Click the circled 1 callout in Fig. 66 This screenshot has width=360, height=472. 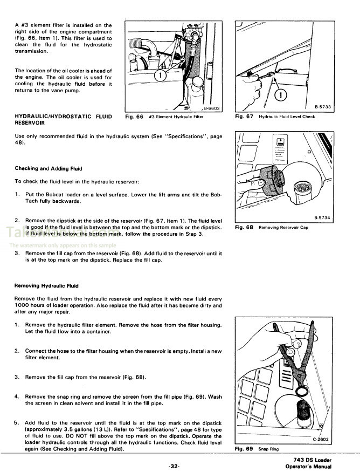[160, 75]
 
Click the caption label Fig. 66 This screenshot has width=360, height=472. [134, 117]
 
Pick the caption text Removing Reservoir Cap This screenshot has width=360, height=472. [284, 228]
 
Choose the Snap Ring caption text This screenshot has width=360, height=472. [268, 449]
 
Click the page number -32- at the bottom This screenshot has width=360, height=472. [172, 464]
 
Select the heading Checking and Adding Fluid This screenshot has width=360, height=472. [45, 169]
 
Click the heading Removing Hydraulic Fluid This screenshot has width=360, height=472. [46, 286]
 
